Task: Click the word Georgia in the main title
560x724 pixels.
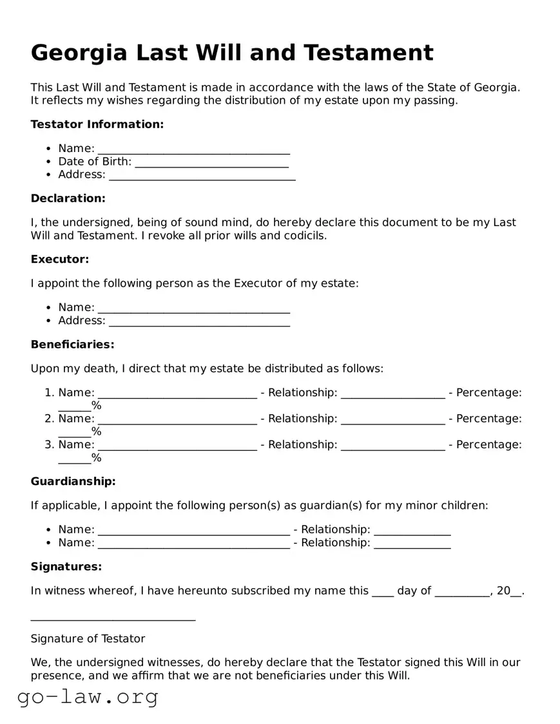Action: click(x=79, y=53)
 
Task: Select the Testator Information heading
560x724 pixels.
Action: click(x=97, y=124)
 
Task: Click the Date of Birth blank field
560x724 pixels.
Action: click(x=211, y=162)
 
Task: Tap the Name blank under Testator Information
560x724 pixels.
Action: click(x=193, y=149)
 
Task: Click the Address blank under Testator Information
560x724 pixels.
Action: click(x=202, y=175)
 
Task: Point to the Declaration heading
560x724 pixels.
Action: click(x=68, y=198)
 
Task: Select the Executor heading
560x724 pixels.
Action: click(x=60, y=260)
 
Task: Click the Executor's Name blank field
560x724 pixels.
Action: click(x=193, y=308)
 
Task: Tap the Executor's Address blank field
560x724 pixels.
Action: click(x=199, y=321)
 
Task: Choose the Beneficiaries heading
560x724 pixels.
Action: click(x=72, y=345)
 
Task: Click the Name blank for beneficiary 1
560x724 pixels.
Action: click(x=177, y=393)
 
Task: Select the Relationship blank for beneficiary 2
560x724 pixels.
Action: click(x=392, y=419)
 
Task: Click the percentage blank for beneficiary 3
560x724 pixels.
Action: click(x=74, y=459)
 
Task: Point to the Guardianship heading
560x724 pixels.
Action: click(x=73, y=482)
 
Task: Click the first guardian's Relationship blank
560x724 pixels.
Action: click(x=412, y=530)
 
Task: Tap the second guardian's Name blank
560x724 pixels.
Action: click(x=193, y=543)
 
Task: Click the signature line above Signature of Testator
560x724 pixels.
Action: click(x=113, y=618)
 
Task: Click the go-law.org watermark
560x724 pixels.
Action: click(x=88, y=697)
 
